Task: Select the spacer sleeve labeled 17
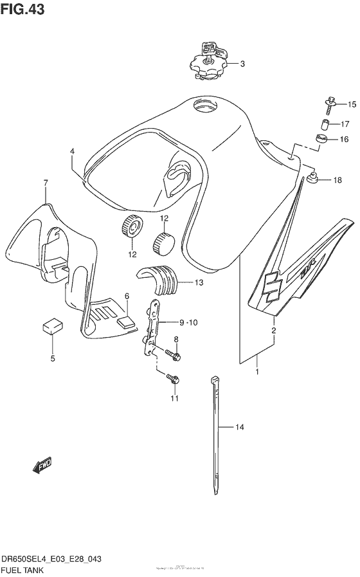tap(326, 124)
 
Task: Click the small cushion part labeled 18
tap(314, 179)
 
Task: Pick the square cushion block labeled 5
tap(52, 326)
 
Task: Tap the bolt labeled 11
tap(172, 380)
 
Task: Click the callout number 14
tap(240, 426)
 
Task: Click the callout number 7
tap(46, 183)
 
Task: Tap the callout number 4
tap(73, 152)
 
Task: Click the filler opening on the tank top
tap(208, 105)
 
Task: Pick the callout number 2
tap(273, 331)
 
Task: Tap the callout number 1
tap(258, 372)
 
